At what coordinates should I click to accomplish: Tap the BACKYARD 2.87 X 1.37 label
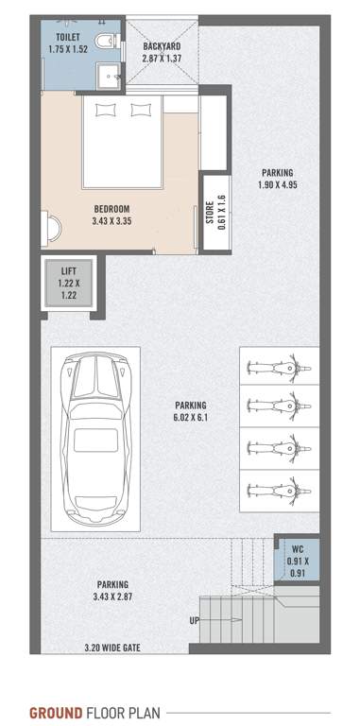point(162,51)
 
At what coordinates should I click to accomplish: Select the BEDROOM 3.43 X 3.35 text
point(111,215)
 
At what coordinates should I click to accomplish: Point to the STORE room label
point(216,212)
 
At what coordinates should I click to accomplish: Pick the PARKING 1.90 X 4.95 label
point(277,179)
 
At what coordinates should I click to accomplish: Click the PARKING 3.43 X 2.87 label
point(111,591)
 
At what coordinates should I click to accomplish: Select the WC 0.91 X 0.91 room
point(297,561)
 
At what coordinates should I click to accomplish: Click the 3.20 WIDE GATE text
point(110,648)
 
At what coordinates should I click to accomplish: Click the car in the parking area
point(94,439)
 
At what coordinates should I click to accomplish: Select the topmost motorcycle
point(278,364)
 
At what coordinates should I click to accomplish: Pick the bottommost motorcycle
point(278,489)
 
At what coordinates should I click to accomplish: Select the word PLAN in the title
point(142,712)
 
